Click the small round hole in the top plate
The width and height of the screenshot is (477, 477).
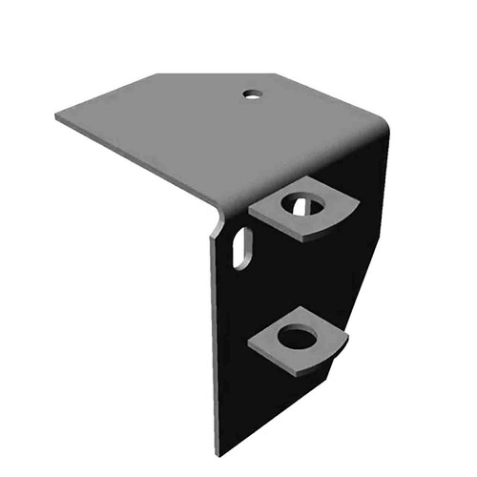[x=252, y=93]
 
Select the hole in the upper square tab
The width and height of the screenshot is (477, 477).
[x=304, y=204]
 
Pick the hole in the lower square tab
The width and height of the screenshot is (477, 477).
[x=298, y=337]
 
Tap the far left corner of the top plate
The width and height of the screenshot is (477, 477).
[x=56, y=115]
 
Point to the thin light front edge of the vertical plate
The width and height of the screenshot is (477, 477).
[x=213, y=343]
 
